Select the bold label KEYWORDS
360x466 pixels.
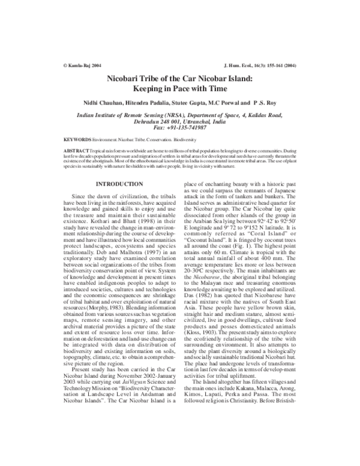[x=77, y=139]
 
